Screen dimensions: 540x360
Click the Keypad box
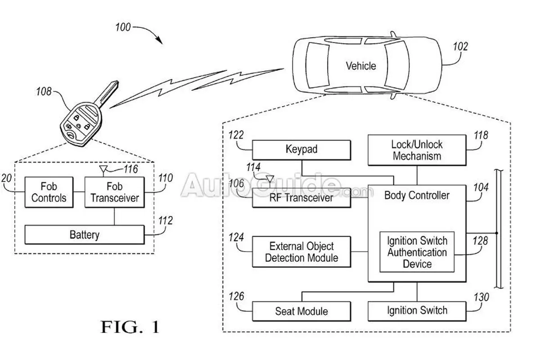click(301, 150)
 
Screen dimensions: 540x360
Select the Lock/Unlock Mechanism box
click(417, 150)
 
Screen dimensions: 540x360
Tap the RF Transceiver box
click(301, 198)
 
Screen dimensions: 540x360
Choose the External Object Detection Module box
click(301, 252)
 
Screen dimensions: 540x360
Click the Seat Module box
click(301, 311)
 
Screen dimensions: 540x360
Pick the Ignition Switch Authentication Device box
click(417, 252)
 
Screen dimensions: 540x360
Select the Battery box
click(85, 235)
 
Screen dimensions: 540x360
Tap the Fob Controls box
click(49, 192)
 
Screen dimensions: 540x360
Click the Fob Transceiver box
click(114, 192)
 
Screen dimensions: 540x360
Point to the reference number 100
click(123, 27)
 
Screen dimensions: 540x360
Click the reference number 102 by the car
click(460, 46)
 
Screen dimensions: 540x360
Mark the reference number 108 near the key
click(44, 92)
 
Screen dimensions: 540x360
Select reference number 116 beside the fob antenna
click(131, 169)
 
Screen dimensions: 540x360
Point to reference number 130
click(481, 297)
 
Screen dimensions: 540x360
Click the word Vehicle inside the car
click(361, 66)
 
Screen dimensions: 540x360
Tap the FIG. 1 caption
click(130, 327)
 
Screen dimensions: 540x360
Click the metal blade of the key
click(107, 93)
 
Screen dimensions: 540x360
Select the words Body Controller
click(417, 195)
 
